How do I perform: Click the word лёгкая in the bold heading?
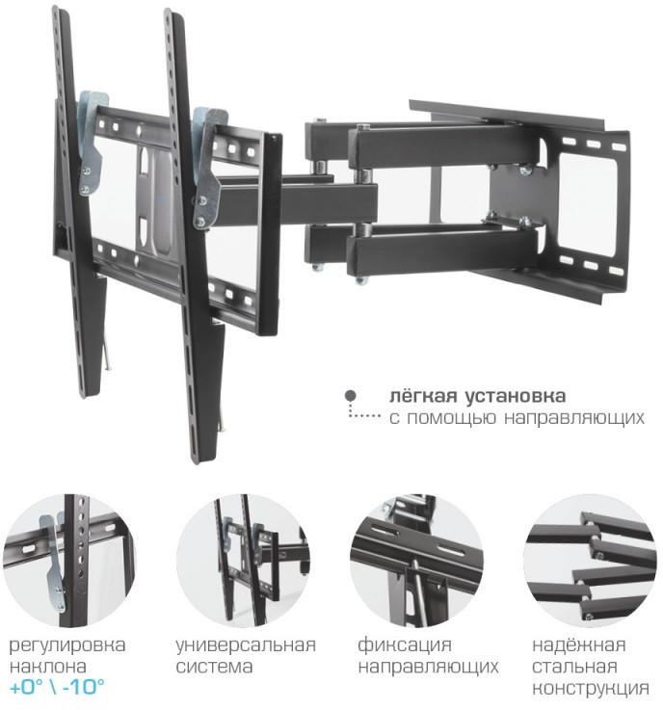(422, 396)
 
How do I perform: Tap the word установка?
(516, 397)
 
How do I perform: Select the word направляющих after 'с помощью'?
(573, 418)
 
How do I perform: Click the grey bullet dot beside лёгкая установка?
(350, 396)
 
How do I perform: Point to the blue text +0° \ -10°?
(57, 687)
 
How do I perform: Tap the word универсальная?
(246, 645)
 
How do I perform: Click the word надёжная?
(578, 644)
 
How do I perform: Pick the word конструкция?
(590, 689)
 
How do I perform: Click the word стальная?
(574, 667)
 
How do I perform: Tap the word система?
(214, 667)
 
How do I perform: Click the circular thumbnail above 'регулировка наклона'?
(68, 561)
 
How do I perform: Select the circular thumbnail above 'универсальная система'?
(243, 561)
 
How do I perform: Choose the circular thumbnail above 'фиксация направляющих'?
(416, 561)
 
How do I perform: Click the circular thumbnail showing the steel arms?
(590, 561)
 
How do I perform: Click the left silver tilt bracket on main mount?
(91, 143)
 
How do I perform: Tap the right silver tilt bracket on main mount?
(207, 168)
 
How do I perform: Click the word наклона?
(47, 667)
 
